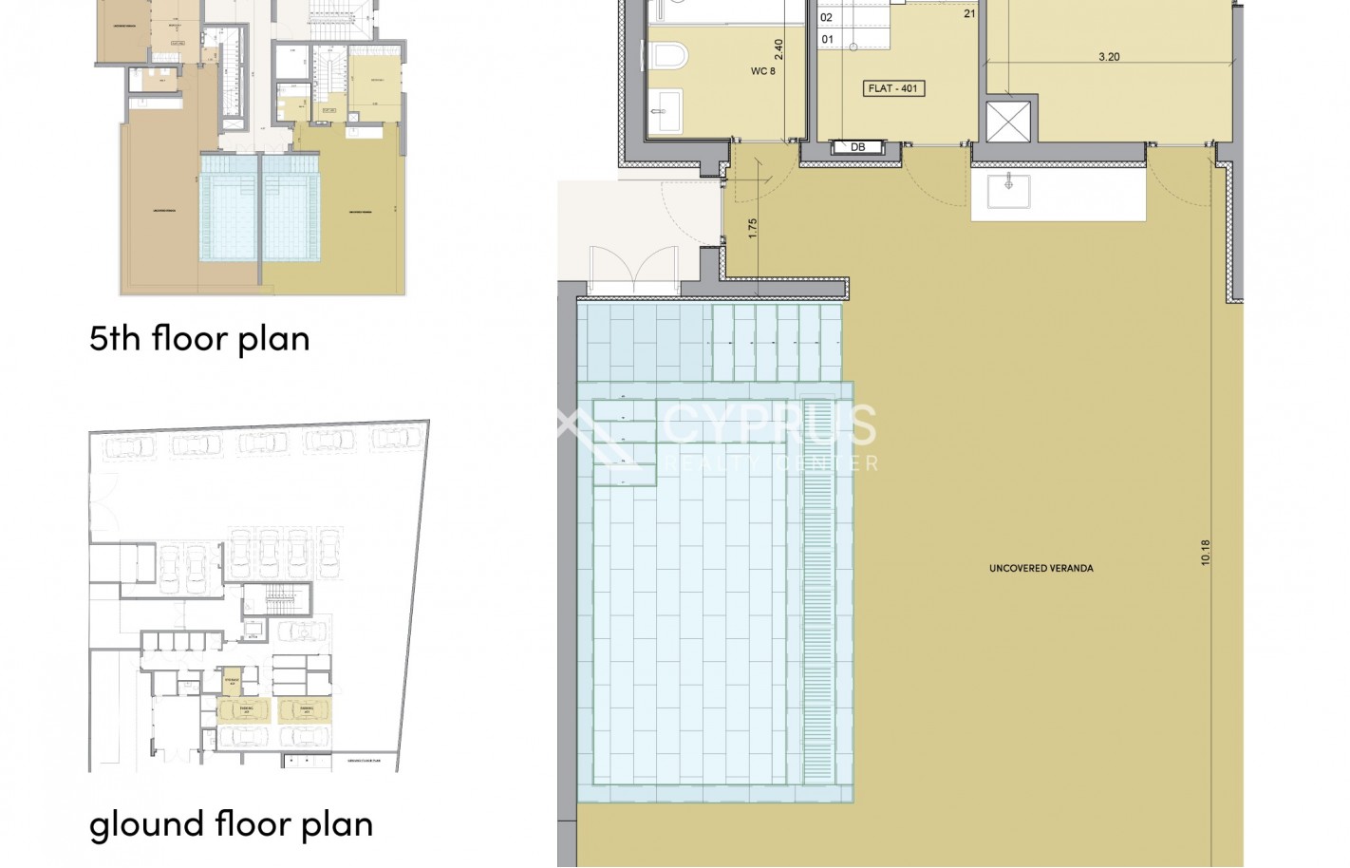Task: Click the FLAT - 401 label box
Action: point(893,88)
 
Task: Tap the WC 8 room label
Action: point(763,71)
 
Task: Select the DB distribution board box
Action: point(858,147)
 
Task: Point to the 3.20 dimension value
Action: point(1109,57)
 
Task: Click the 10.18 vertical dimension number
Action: point(1206,553)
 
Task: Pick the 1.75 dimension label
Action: point(752,229)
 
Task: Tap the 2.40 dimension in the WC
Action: point(778,48)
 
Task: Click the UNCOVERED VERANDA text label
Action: point(1041,568)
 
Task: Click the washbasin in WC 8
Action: point(666,111)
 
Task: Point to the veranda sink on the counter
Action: point(1008,190)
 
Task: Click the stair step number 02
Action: point(827,17)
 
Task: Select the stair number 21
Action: point(969,13)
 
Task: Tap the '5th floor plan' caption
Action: point(199,338)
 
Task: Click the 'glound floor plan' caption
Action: point(231,823)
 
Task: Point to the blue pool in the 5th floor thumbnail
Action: point(258,207)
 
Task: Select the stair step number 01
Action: point(827,39)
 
